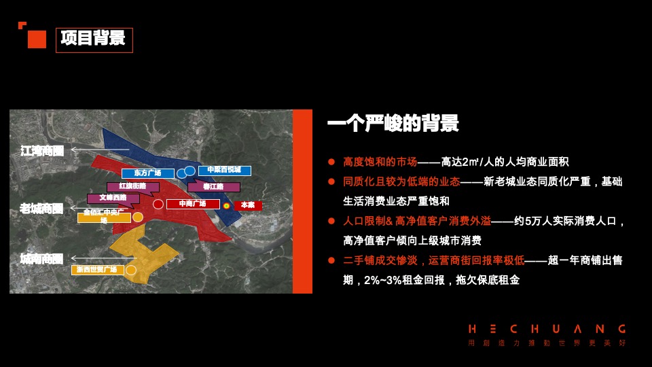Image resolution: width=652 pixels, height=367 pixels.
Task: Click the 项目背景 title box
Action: pos(94,39)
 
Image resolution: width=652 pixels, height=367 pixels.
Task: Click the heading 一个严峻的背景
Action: pos(393,124)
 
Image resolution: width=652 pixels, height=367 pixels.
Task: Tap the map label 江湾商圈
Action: pos(42,151)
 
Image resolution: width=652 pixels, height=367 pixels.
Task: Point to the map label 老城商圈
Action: pos(41,209)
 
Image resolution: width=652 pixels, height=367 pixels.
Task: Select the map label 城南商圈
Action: pos(41,259)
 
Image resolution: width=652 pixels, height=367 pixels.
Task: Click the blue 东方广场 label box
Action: pos(147,173)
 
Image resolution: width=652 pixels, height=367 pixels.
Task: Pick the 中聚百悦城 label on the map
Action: pos(224,170)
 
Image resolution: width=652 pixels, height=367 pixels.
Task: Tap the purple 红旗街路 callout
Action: pos(132,186)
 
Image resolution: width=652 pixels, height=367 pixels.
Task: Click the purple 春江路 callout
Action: pos(213,186)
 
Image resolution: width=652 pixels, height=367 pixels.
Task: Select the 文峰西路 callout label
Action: pos(113,198)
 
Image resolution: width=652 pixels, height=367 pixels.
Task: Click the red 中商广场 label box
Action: pos(192,204)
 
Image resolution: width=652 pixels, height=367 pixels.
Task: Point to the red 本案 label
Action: pos(248,205)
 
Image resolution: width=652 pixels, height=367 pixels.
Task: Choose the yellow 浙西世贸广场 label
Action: pos(97,270)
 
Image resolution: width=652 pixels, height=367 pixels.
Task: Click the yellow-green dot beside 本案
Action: pos(226,205)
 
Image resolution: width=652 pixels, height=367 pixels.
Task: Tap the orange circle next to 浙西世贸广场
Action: pos(131,270)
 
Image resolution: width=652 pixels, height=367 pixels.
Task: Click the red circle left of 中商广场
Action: pos(158,204)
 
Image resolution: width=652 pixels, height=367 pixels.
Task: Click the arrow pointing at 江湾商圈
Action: pos(100,150)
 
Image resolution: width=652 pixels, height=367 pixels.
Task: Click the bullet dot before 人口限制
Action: pos(331,221)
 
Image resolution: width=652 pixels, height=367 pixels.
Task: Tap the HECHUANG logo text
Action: pos(547,329)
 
